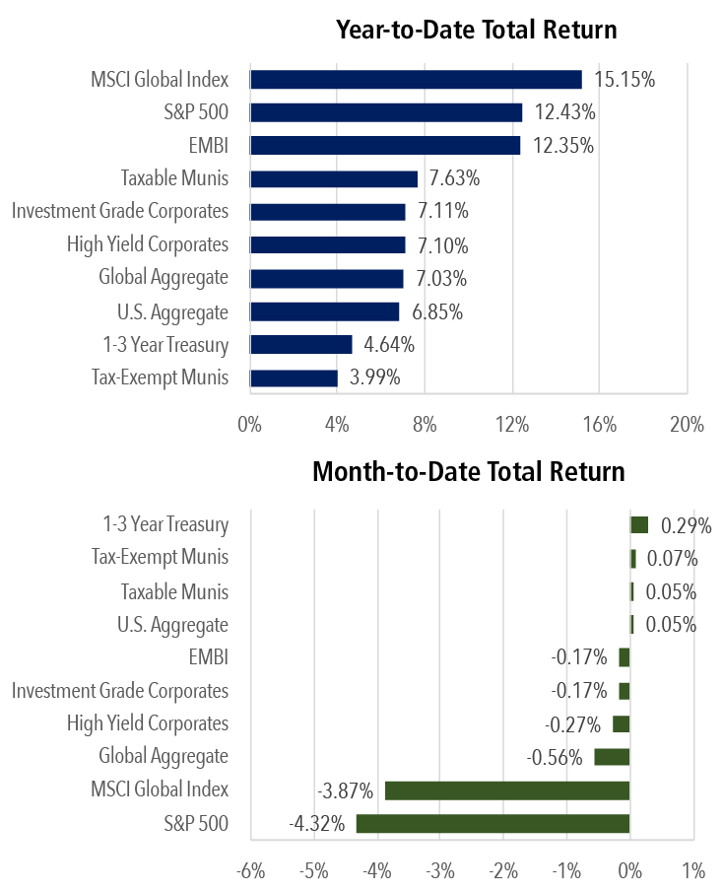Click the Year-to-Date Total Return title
point(476,30)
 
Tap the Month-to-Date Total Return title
point(468,471)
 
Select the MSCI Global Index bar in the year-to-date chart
point(416,80)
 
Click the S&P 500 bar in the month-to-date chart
point(493,823)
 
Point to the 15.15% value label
point(623,80)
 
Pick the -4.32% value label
point(317,823)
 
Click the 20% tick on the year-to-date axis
point(687,425)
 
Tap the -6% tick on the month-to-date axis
point(250,870)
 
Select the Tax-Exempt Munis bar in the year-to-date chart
point(294,377)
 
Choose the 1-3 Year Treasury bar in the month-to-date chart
point(639,525)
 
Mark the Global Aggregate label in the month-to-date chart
point(164,757)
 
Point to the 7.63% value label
point(454,178)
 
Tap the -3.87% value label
point(345,790)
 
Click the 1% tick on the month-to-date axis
point(692,870)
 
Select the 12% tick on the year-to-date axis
point(512,425)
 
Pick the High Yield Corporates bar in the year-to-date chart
point(328,245)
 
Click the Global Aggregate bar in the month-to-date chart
point(612,757)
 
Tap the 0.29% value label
point(686,525)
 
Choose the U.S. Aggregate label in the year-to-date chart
point(172,312)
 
